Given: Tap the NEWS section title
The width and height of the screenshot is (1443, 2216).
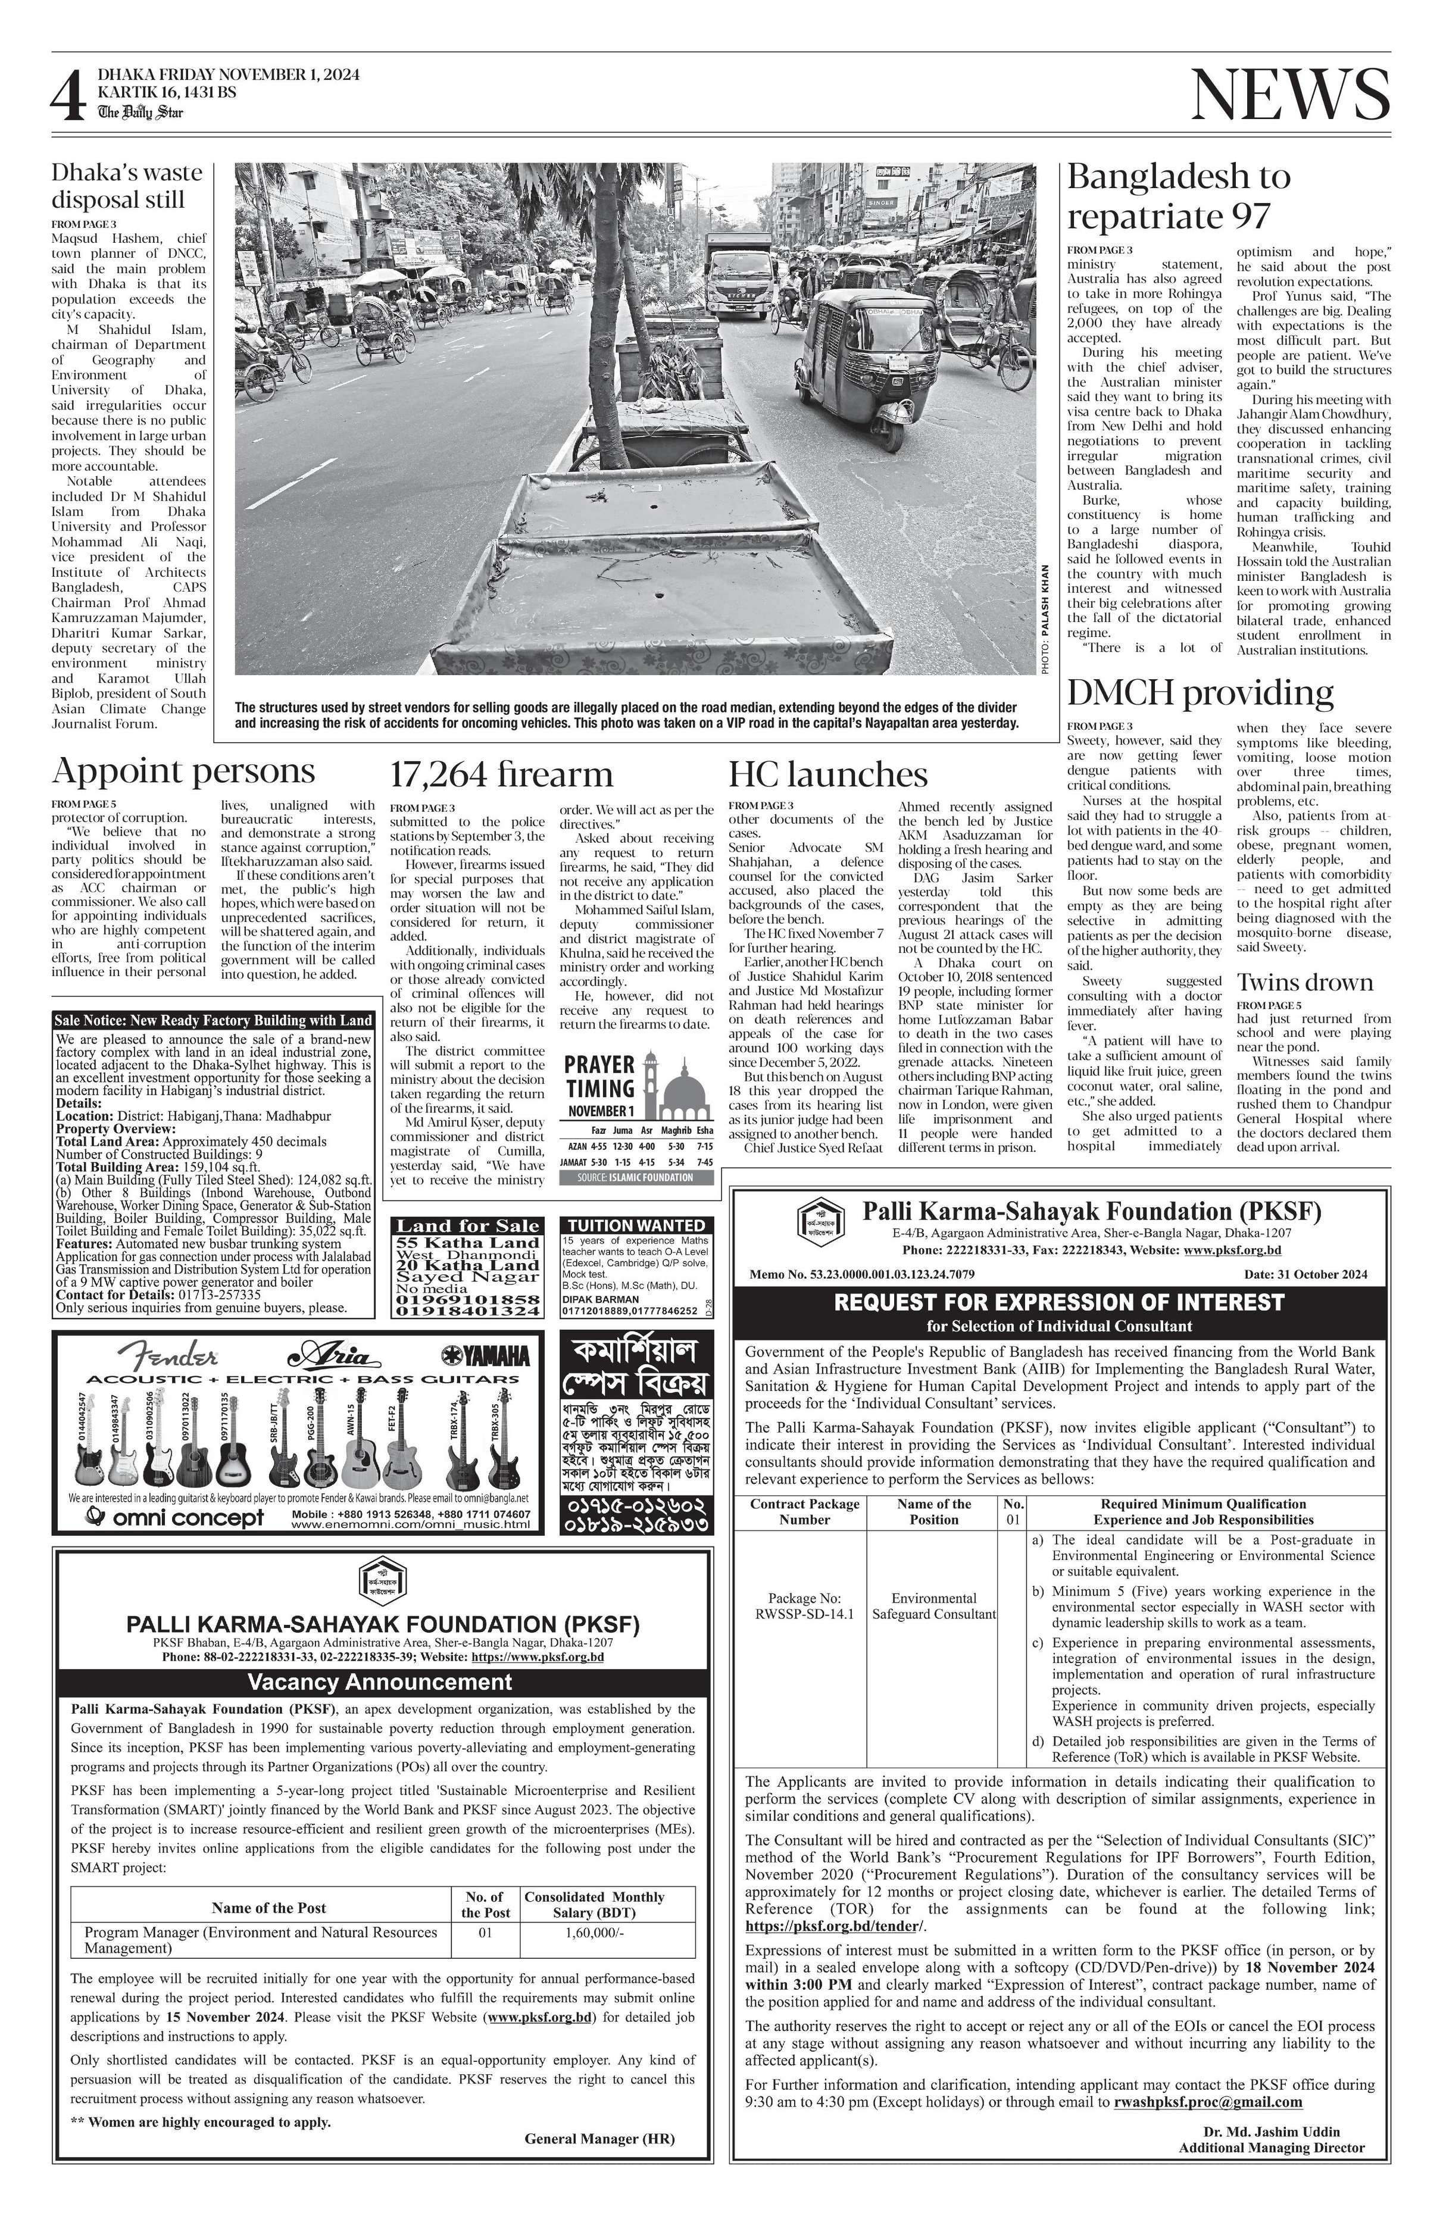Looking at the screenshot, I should pyautogui.click(x=1289, y=95).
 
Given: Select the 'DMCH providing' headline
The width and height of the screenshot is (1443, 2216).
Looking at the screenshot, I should pyautogui.click(x=1199, y=693).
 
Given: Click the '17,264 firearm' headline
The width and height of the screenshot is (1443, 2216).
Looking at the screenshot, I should pyautogui.click(x=501, y=774).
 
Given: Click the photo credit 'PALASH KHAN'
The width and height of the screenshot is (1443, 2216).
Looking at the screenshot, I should pyautogui.click(x=1045, y=601).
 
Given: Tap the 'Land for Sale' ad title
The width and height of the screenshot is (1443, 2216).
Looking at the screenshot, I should pyautogui.click(x=468, y=1226).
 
